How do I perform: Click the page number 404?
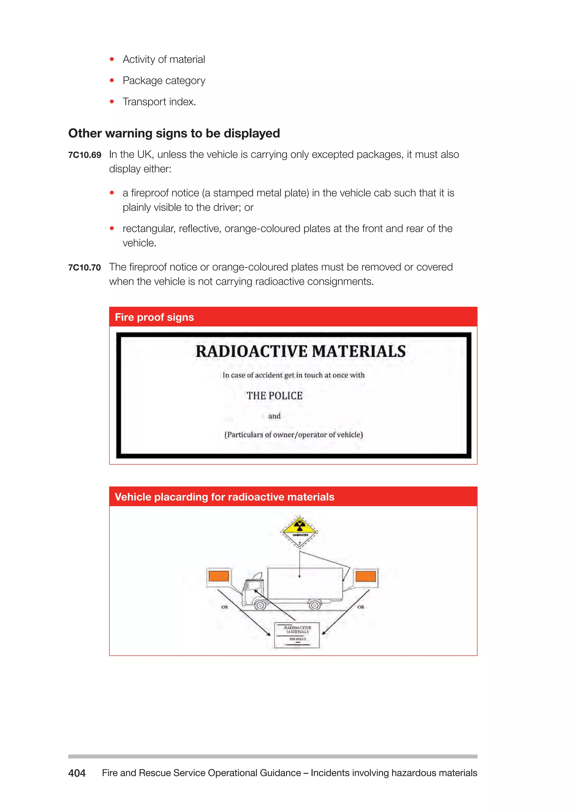point(77,773)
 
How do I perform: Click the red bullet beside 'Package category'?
point(112,81)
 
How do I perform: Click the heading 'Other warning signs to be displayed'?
point(174,133)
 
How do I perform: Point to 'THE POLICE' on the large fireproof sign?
point(274,396)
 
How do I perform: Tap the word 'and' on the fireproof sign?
point(274,416)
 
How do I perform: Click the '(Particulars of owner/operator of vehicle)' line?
point(293,435)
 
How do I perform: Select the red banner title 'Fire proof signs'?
point(154,317)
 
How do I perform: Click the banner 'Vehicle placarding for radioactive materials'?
point(224,497)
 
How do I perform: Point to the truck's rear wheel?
point(315,605)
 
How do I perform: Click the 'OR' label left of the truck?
point(224,607)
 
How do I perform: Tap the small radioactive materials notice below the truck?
point(297,635)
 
